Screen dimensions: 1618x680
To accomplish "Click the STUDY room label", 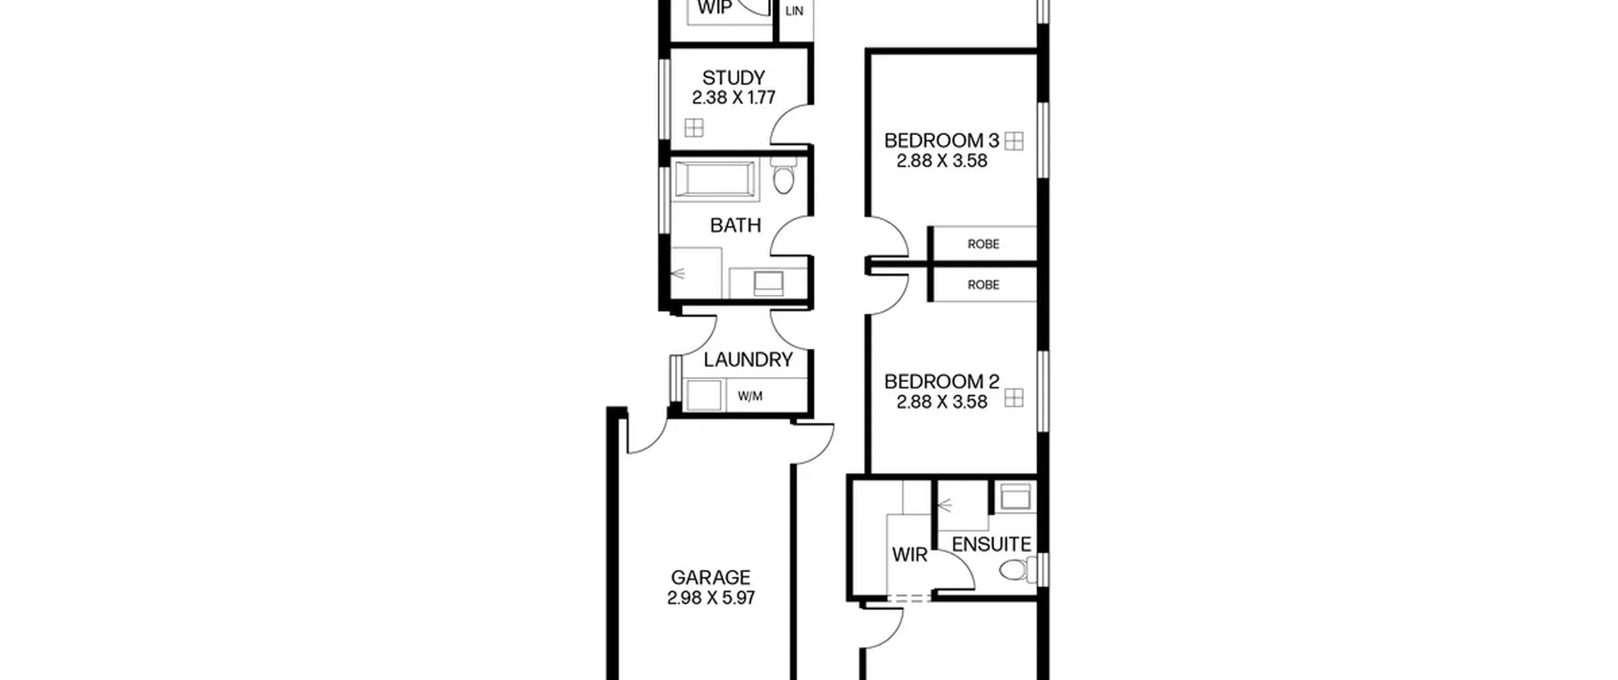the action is (733, 78).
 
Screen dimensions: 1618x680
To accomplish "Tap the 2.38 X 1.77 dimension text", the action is (733, 97).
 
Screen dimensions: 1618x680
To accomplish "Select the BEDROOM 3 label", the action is (941, 140).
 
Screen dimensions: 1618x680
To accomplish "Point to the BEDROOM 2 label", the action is (941, 381).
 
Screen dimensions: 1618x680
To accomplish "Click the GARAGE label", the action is (710, 577).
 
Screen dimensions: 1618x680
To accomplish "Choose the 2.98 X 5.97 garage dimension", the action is (710, 598).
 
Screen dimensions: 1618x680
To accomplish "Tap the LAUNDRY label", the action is (748, 359).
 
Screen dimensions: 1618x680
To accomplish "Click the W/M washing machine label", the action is (750, 396).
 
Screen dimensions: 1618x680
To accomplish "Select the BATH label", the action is (735, 225).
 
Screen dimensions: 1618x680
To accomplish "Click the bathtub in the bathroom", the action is (714, 180).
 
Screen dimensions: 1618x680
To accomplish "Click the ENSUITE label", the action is (991, 544).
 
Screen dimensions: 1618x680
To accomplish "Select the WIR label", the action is (909, 555).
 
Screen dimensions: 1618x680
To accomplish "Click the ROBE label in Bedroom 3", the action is (983, 244).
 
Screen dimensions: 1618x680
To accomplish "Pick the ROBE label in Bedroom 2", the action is (983, 285).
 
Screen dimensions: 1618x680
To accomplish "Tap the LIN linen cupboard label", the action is (794, 11).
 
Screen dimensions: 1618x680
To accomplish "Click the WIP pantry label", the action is (715, 8).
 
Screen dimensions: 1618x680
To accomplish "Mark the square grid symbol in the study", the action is (694, 128).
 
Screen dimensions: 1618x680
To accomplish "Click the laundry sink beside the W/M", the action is (704, 395).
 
